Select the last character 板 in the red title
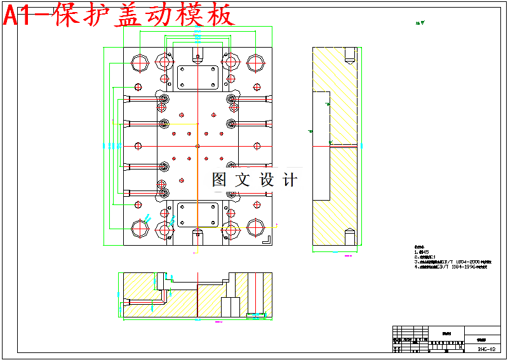220,15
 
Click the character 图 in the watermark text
219,180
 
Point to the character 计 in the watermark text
289,180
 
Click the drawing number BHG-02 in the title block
486,349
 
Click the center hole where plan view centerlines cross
197,145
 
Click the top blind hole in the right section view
349,57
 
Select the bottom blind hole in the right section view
349,236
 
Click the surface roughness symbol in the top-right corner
420,23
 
